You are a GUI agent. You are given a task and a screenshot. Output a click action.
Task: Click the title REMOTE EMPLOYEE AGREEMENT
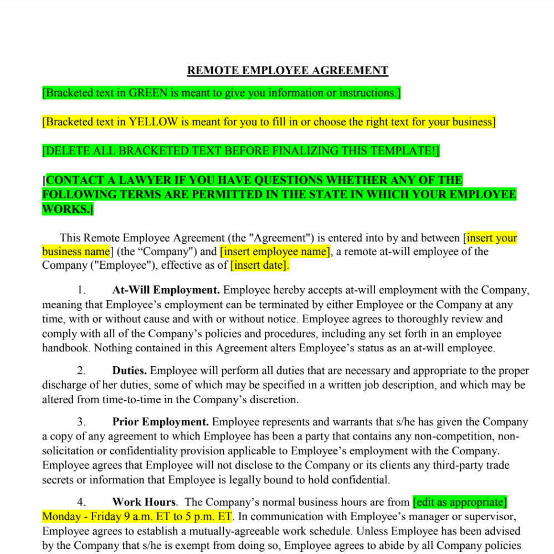[x=288, y=70]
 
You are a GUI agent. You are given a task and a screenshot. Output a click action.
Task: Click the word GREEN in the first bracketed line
[x=148, y=93]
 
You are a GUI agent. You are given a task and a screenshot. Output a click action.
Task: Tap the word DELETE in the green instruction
[x=66, y=151]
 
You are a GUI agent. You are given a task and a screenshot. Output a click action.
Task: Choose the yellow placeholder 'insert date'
[x=260, y=265]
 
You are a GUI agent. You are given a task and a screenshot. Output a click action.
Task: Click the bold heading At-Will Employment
[x=166, y=290]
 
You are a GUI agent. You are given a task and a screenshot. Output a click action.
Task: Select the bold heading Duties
[x=129, y=371]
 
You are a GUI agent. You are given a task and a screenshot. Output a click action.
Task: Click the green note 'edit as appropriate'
[x=460, y=502]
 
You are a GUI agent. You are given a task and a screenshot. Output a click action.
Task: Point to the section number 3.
[x=81, y=422]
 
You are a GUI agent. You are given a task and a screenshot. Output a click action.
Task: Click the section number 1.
[x=81, y=290]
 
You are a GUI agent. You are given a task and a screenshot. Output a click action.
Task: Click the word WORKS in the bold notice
[x=65, y=209]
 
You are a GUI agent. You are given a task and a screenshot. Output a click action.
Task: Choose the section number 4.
[x=81, y=502]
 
